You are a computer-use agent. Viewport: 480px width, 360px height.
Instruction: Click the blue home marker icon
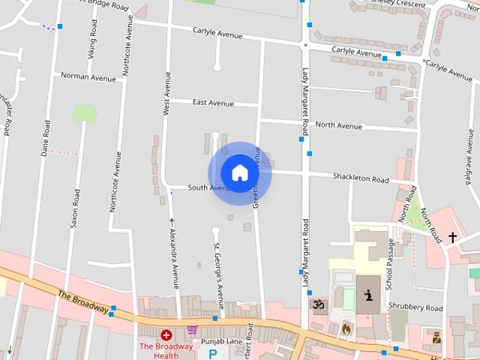point(239,172)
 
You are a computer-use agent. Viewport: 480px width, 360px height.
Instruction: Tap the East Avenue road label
point(213,102)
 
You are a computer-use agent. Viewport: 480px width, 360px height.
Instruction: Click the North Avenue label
point(338,125)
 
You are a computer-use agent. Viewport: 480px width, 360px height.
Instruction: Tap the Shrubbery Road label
point(415,307)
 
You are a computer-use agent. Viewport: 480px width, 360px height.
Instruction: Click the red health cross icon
point(166,334)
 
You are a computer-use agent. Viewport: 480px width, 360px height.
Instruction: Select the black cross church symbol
point(452,238)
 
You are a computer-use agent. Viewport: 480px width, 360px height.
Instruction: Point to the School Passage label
point(390,265)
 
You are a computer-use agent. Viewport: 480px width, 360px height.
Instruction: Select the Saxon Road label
point(76,208)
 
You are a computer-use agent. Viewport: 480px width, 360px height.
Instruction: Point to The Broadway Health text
point(166,350)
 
